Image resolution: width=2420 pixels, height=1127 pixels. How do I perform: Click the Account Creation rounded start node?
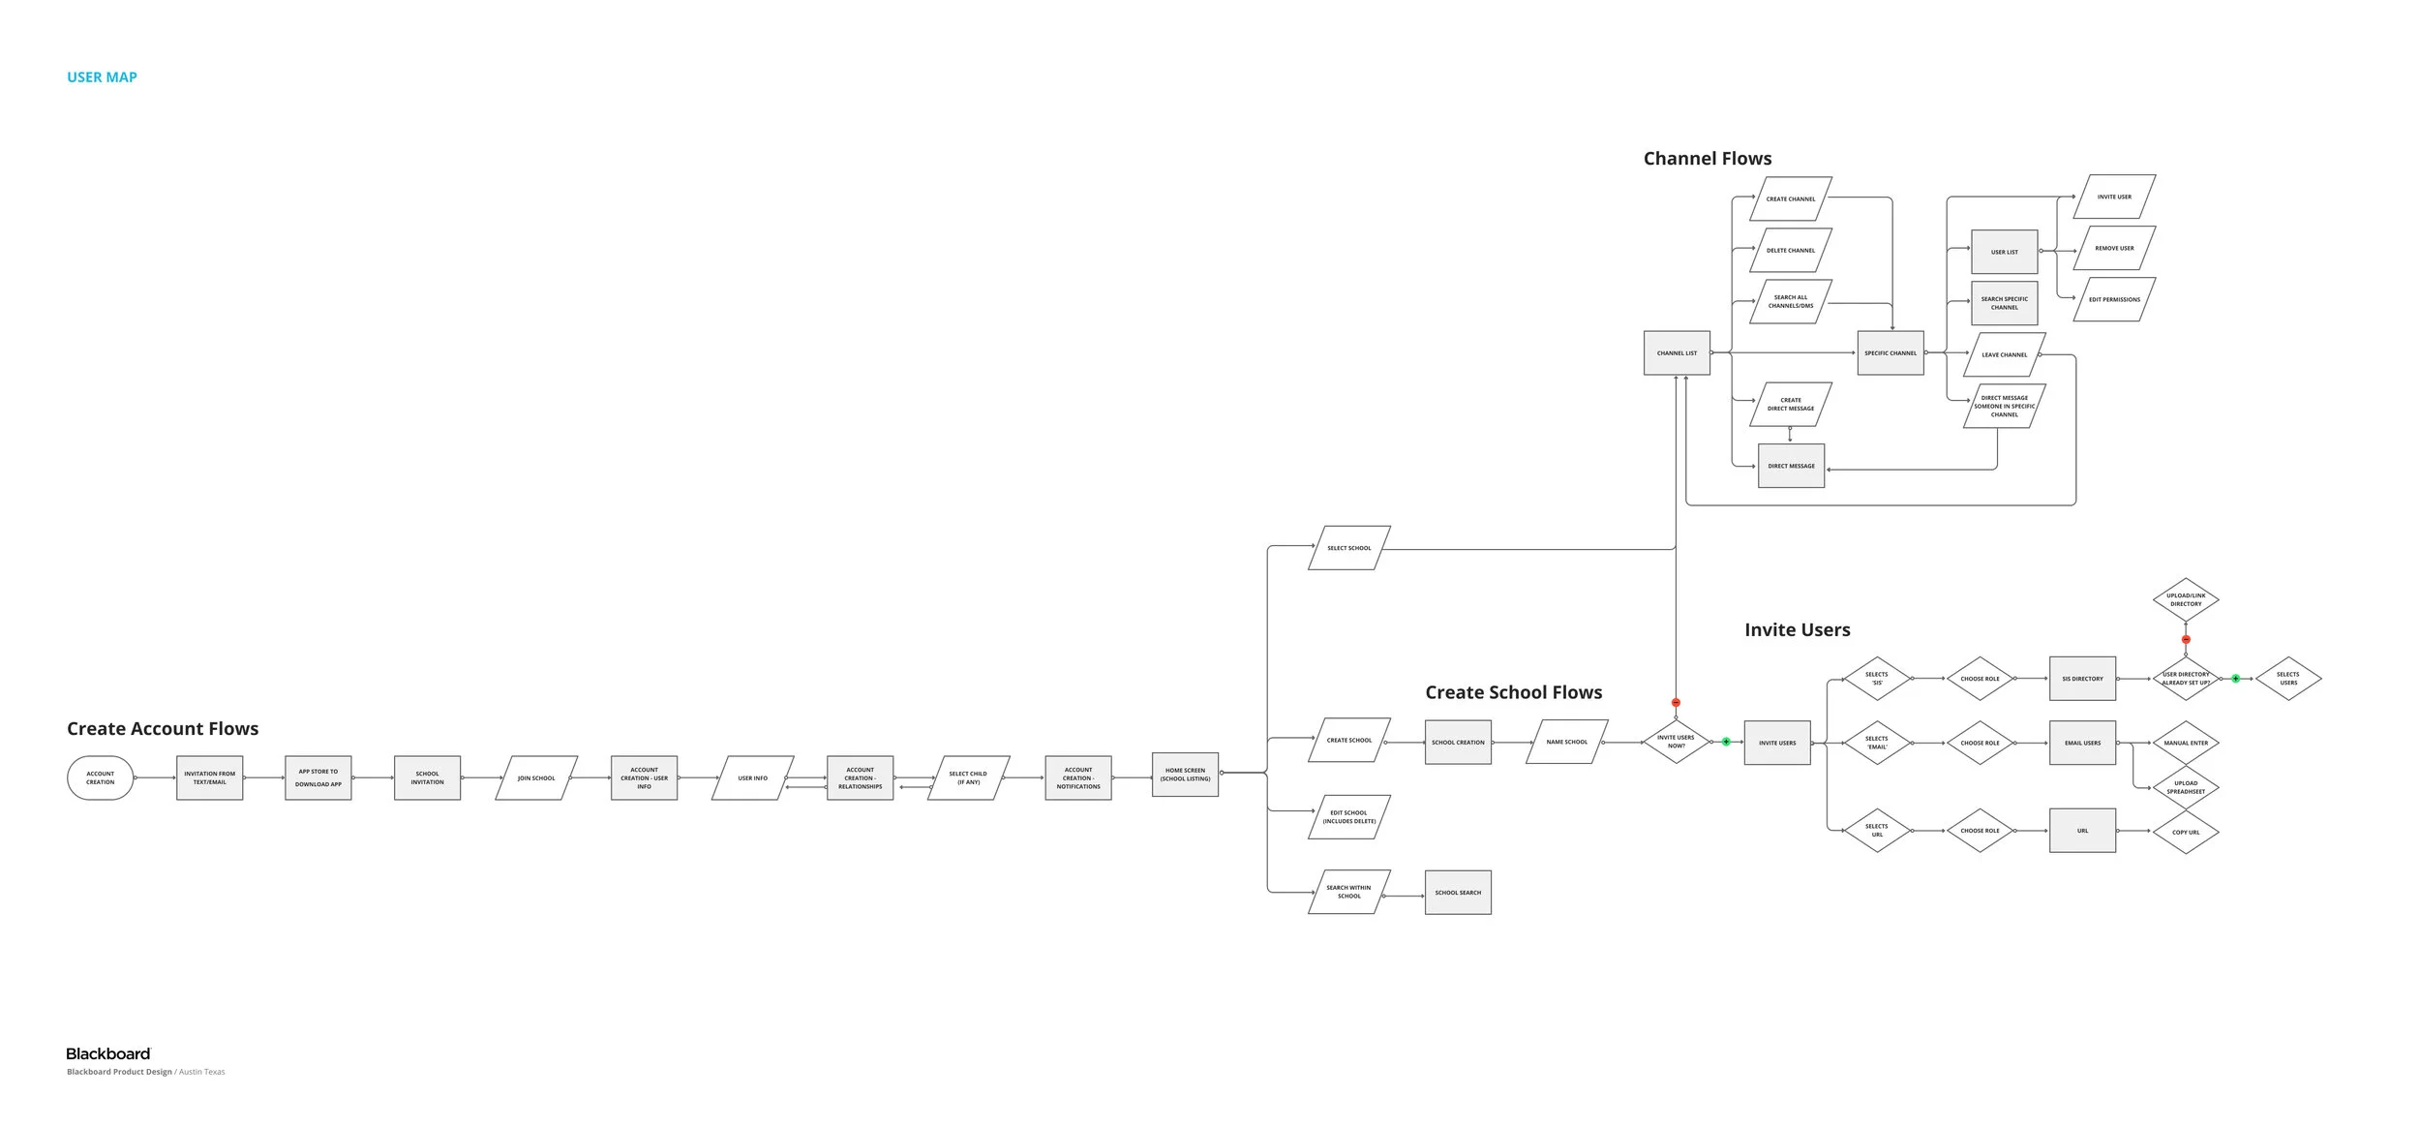(x=100, y=777)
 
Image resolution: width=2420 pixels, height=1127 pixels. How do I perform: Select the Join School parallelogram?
(x=536, y=777)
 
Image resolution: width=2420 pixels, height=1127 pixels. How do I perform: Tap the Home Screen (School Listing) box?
(x=1185, y=775)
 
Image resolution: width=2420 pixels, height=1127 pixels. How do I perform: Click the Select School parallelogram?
(x=1349, y=548)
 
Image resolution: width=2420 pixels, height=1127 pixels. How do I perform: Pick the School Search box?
(x=1458, y=892)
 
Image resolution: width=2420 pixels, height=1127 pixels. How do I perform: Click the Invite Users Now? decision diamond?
(x=1676, y=742)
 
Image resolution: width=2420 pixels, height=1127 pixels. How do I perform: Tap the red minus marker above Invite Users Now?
(x=1676, y=703)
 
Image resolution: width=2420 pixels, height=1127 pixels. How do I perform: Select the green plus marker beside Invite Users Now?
(x=1726, y=742)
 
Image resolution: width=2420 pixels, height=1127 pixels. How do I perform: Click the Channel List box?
(x=1677, y=353)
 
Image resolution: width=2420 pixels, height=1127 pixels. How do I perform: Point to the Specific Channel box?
(x=1891, y=353)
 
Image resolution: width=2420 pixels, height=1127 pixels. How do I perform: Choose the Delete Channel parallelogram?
(x=1791, y=251)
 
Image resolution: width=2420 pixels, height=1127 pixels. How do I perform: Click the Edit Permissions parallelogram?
(x=2114, y=299)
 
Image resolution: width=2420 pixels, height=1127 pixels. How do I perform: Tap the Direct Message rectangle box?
(x=1791, y=466)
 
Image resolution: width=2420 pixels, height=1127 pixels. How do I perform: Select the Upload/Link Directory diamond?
(x=2186, y=600)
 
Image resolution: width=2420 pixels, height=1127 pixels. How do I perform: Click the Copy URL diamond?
(x=2186, y=832)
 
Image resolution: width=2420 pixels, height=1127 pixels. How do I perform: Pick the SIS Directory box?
(x=2082, y=679)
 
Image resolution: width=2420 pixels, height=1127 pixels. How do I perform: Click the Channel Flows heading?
(x=1708, y=159)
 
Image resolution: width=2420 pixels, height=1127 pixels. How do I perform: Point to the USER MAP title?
(x=102, y=77)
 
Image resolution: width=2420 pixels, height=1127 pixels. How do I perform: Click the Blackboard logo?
(x=108, y=1053)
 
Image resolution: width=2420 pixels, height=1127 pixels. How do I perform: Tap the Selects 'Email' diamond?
(x=1877, y=743)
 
